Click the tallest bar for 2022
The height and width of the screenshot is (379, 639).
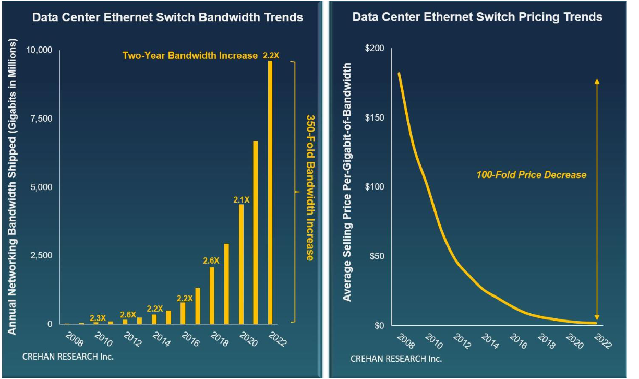coord(270,193)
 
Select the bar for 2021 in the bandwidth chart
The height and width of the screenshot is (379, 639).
coord(256,233)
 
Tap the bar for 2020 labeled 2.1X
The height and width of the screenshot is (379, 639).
coord(241,264)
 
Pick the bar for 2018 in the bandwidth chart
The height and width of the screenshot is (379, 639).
coord(212,295)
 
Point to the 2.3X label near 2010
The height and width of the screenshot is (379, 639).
coord(98,318)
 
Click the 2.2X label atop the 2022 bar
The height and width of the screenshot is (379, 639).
coord(271,55)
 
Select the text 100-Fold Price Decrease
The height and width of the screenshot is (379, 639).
coord(531,175)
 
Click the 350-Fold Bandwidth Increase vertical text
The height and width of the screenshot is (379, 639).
coord(309,188)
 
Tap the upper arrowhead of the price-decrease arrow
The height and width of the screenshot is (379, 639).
coord(597,81)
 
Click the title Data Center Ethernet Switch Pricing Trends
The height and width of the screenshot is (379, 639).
coord(477,17)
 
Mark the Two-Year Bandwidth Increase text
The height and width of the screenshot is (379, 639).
coord(190,55)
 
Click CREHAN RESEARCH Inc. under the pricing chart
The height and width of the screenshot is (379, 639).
coord(396,359)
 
